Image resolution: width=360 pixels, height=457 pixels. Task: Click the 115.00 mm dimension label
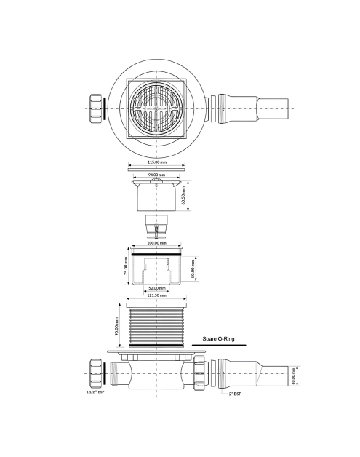(156, 162)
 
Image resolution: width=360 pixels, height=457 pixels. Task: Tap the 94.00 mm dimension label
(156, 175)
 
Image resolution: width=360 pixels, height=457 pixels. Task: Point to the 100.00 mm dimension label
(156, 243)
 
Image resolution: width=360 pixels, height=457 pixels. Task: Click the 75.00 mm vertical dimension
(126, 266)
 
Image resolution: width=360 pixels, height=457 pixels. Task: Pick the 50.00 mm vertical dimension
(193, 269)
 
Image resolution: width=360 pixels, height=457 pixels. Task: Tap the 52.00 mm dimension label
(156, 288)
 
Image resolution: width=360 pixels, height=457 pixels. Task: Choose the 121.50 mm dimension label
(156, 295)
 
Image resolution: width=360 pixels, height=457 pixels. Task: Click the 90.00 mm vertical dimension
(116, 327)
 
